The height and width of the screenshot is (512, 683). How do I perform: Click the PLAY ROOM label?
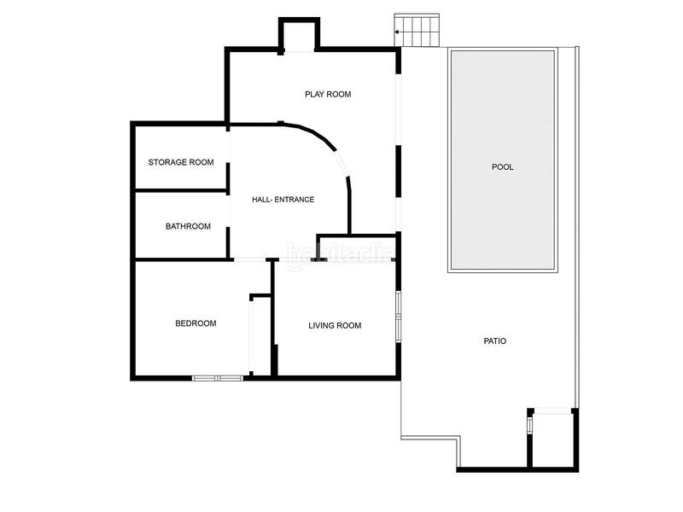tap(328, 94)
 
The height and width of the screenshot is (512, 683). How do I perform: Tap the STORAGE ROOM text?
tap(181, 162)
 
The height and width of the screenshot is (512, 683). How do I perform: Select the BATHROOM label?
tap(188, 226)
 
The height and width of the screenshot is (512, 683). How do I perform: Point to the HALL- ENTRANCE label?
tap(283, 200)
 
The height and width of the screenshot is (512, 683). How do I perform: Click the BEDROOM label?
tap(196, 323)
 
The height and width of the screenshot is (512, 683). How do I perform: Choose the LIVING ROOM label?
tap(335, 325)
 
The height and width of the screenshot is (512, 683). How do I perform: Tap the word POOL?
tap(503, 167)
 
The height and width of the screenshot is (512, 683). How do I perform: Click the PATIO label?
tap(495, 341)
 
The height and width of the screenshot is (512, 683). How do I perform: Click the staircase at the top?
tap(417, 32)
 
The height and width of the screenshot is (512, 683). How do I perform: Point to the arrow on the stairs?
tap(399, 32)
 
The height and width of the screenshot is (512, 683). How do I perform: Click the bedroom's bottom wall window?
tap(217, 377)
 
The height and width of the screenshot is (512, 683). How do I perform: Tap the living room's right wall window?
tap(398, 317)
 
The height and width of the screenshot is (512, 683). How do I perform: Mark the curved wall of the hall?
tap(329, 149)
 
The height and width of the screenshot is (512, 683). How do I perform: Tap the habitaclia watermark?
tap(339, 253)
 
